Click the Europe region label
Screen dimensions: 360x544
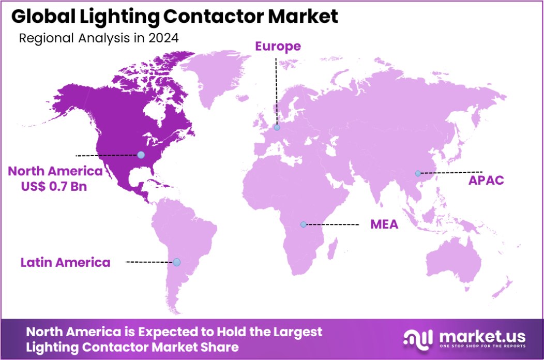click(x=278, y=46)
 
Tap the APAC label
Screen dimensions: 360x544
click(x=486, y=181)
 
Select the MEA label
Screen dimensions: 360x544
click(x=384, y=224)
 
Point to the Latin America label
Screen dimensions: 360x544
click(x=65, y=262)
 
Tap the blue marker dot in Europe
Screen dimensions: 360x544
click(x=277, y=127)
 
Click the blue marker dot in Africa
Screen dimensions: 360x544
click(x=304, y=224)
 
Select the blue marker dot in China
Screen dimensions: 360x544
click(x=418, y=173)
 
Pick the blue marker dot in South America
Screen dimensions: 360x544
click(x=177, y=262)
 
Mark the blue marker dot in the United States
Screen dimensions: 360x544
click(x=141, y=155)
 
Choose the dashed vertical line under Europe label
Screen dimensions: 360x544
click(x=276, y=91)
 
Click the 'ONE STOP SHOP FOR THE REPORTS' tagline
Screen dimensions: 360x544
click(x=482, y=346)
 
